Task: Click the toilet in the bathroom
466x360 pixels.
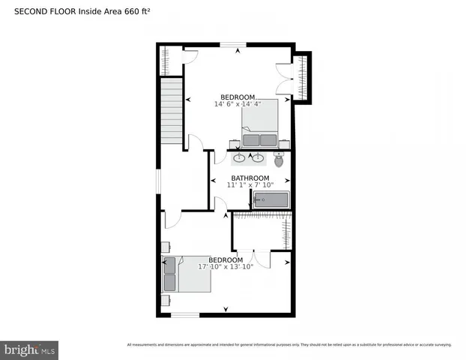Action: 279,160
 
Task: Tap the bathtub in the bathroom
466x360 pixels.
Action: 270,199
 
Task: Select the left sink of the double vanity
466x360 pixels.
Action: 239,157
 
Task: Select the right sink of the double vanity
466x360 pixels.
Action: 258,157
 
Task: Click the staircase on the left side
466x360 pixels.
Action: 173,112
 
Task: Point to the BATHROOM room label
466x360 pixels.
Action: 249,178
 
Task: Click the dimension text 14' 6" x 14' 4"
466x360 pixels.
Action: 237,104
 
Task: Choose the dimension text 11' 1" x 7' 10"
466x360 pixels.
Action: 250,185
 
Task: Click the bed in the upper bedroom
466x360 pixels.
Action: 260,124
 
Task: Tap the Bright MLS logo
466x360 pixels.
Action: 30,349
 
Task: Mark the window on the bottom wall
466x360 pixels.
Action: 185,315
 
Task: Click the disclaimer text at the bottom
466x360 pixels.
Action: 289,345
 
